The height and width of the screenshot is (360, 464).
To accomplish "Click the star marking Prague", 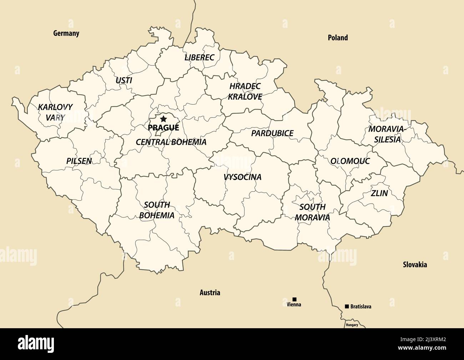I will click(x=163, y=119).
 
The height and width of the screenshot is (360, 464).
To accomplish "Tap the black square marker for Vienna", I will click(x=294, y=299).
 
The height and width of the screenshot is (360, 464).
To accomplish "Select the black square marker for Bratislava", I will click(x=347, y=306).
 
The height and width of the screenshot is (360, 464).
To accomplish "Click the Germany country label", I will click(x=66, y=33).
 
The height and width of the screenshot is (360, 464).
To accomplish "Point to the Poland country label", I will click(x=338, y=37).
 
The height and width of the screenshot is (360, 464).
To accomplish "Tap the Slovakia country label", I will click(x=415, y=265).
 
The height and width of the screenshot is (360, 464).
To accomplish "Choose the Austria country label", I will click(x=210, y=293).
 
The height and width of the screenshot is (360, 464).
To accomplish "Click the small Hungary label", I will click(x=352, y=325).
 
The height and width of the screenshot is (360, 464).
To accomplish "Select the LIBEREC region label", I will click(x=199, y=57).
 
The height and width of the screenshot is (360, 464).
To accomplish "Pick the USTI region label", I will click(x=124, y=80).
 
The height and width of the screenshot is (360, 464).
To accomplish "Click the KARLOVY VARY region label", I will click(x=55, y=112).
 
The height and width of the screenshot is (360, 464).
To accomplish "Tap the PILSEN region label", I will click(x=79, y=161).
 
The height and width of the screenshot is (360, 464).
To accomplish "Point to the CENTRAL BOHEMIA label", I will click(x=171, y=142).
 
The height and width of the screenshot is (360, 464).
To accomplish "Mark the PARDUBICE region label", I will click(x=272, y=133).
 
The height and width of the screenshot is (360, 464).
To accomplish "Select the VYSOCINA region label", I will click(x=242, y=177).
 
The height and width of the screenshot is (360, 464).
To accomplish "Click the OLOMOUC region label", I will click(x=350, y=161).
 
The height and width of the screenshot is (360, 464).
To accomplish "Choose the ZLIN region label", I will click(x=379, y=193).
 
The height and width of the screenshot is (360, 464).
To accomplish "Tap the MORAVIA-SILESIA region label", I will click(x=387, y=134).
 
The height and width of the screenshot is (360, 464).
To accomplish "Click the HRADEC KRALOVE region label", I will click(x=245, y=91).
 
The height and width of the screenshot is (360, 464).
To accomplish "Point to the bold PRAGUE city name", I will click(x=163, y=127).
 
